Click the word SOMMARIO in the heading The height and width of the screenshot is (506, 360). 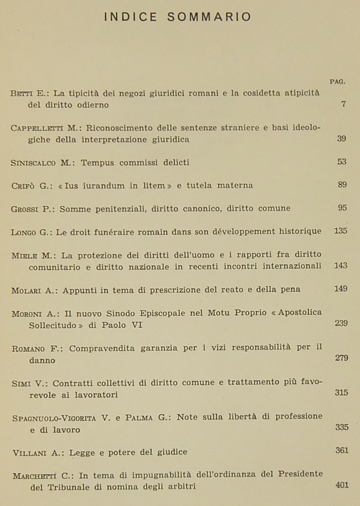(209, 17)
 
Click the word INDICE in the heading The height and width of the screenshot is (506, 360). (131, 17)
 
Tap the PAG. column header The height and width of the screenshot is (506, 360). (337, 82)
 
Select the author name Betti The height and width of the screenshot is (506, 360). (21, 94)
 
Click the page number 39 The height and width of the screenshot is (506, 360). (341, 139)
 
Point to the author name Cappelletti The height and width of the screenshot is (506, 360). (37, 128)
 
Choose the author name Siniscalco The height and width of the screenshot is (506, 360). (33, 163)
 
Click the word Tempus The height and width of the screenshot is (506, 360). (97, 163)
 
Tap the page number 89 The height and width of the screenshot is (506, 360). (342, 185)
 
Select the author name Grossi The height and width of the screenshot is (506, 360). (24, 209)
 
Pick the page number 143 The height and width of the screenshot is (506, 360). (341, 266)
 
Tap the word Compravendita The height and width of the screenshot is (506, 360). (102, 348)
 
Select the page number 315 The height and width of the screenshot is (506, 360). (341, 392)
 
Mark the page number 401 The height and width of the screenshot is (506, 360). (342, 485)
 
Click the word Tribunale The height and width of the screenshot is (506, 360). (68, 487)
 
